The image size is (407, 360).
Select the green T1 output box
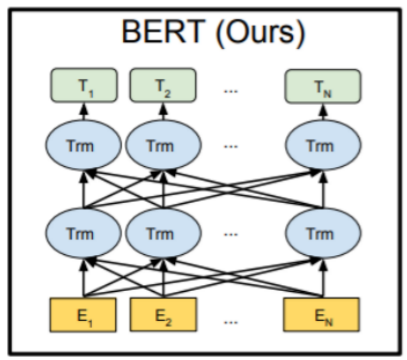point(84,86)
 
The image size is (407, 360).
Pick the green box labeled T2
point(163,86)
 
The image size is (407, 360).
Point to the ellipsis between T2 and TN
point(231,88)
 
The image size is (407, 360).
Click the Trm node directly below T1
point(84,144)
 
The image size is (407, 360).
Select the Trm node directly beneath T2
point(163,144)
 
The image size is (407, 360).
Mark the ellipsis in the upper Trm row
point(231,146)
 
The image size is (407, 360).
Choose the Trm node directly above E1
point(84,233)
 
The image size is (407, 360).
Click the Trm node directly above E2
point(163,233)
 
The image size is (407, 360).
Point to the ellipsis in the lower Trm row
point(231,235)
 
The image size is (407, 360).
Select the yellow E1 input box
point(84,315)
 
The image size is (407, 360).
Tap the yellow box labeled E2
point(163,315)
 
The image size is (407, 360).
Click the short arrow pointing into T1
point(84,111)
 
